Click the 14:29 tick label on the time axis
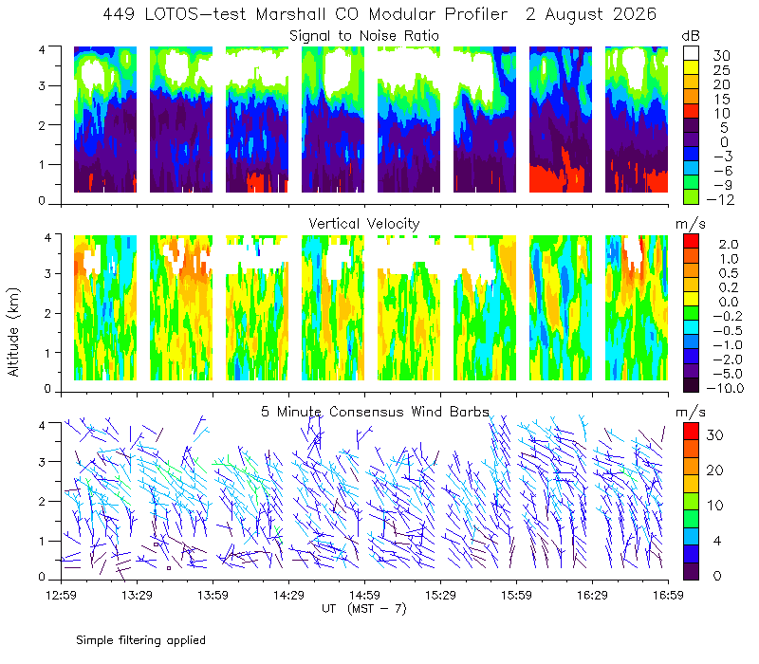(x=288, y=595)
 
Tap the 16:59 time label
(x=668, y=595)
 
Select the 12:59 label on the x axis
(x=61, y=595)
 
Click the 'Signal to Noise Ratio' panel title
(x=364, y=36)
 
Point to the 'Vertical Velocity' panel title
(x=364, y=224)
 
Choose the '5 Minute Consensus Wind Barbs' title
(x=375, y=412)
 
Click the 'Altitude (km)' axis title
(x=13, y=332)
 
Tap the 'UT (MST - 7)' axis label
(x=364, y=608)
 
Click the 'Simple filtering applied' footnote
(x=140, y=640)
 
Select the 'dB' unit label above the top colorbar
(x=691, y=36)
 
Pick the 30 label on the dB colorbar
(x=721, y=56)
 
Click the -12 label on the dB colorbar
(x=720, y=199)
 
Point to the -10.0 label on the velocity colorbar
(x=725, y=388)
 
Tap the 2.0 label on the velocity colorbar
(x=729, y=244)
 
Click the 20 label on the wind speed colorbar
(x=714, y=470)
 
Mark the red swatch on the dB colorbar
(x=691, y=111)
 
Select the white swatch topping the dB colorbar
(x=691, y=53)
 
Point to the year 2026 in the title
(x=635, y=14)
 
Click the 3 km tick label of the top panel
(x=42, y=85)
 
